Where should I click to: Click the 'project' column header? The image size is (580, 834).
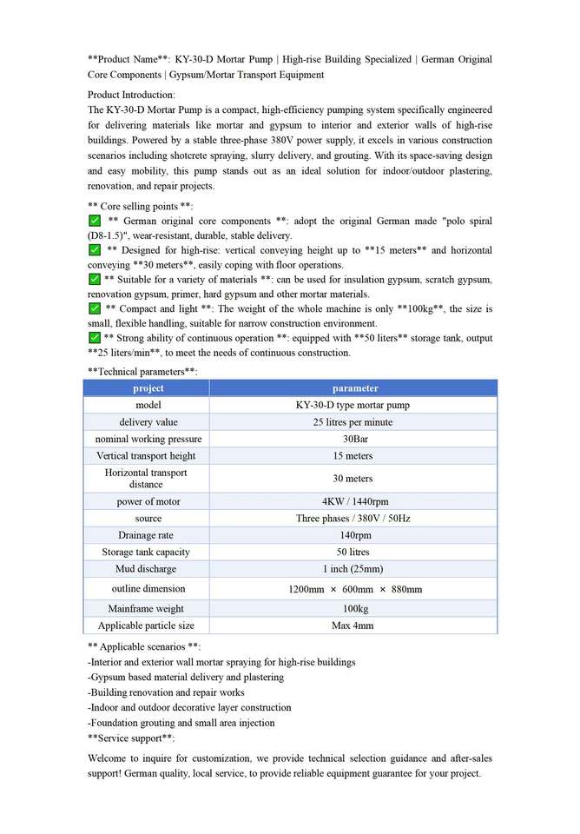[x=148, y=388]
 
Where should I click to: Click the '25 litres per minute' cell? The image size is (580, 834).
[x=353, y=422]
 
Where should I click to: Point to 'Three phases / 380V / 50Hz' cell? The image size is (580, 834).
[x=353, y=519]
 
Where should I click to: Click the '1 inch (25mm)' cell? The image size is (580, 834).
[x=353, y=569]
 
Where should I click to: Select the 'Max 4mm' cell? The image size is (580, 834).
[x=353, y=625]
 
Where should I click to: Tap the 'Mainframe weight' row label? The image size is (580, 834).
[x=146, y=609]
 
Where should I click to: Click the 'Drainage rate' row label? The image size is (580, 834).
[x=146, y=535]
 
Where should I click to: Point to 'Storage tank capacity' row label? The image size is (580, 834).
[x=146, y=553]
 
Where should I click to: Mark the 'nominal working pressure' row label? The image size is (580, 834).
[x=148, y=439]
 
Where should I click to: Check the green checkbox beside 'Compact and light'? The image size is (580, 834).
[x=95, y=308]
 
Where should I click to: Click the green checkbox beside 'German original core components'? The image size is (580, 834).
[x=95, y=222]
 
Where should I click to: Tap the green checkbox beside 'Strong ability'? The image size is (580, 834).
[x=95, y=337]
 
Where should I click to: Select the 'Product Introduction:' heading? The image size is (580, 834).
[x=131, y=95]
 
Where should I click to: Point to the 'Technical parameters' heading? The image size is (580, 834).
[x=142, y=371]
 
